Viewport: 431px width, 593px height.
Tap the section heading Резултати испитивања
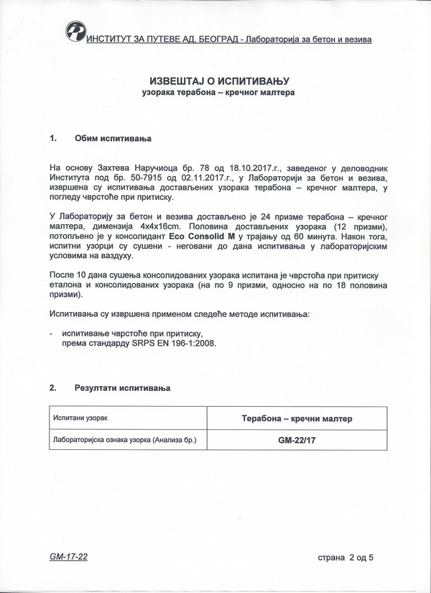pos(123,388)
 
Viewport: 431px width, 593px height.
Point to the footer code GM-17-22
pos(69,556)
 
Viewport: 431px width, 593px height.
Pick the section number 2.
pos(53,388)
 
